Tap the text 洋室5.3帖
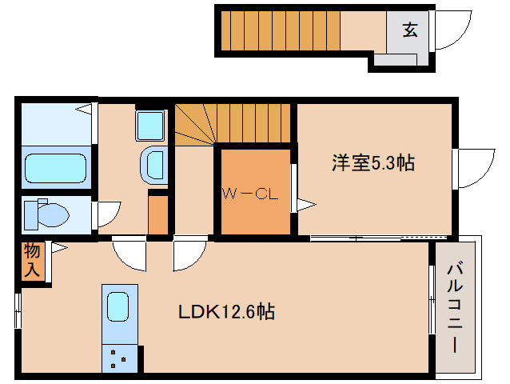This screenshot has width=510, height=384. pos(373,163)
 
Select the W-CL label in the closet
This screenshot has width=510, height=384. pos(249,193)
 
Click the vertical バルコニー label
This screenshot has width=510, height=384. pos(453,307)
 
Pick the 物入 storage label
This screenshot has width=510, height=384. pos(31,261)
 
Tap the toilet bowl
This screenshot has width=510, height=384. pos(46,214)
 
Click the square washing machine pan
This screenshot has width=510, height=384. pos(149,125)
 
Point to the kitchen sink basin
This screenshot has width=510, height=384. pos(118,306)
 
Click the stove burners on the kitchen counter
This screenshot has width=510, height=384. pos(119,358)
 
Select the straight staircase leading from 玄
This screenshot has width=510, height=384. pos(280,30)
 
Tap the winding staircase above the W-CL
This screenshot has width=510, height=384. pos(232,124)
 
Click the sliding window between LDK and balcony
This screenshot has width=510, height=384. pos(432,298)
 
